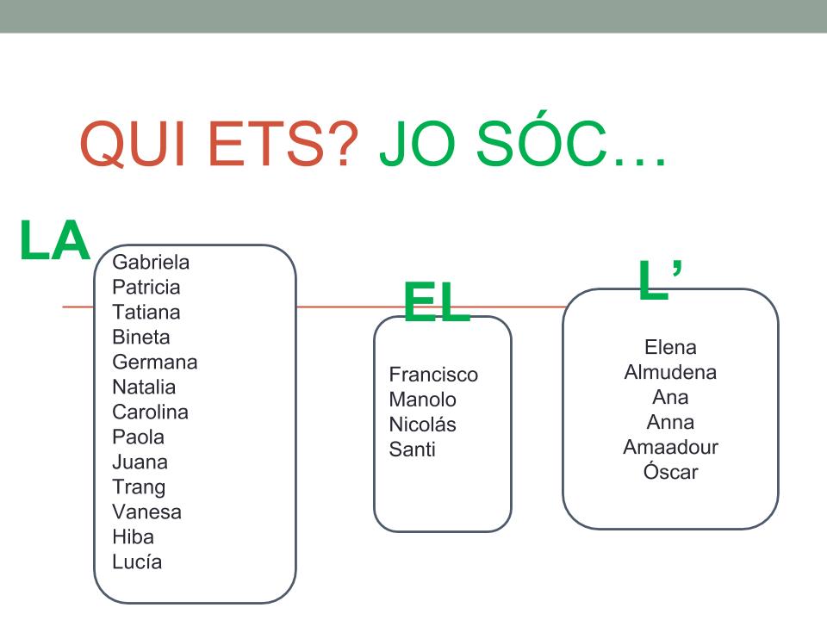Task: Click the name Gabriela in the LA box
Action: pyautogui.click(x=151, y=262)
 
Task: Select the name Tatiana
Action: pyautogui.click(x=146, y=312)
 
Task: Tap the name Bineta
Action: pyautogui.click(x=140, y=337)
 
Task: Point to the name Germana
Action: pyautogui.click(x=154, y=363)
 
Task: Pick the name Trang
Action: pyautogui.click(x=139, y=487)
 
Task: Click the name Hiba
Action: pyautogui.click(x=133, y=536)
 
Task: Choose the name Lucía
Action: pyautogui.click(x=137, y=562)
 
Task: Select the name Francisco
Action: pyautogui.click(x=433, y=375)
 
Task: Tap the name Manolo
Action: pyautogui.click(x=422, y=400)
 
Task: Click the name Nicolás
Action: pyautogui.click(x=422, y=425)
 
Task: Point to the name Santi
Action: pyautogui.click(x=412, y=449)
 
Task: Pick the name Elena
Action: pyautogui.click(x=670, y=347)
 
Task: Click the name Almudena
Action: pyautogui.click(x=670, y=372)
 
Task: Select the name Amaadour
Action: pyautogui.click(x=670, y=447)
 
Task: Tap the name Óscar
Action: pyautogui.click(x=670, y=472)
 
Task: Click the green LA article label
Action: pyautogui.click(x=54, y=240)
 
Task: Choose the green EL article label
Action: pyautogui.click(x=437, y=301)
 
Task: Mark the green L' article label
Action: pyautogui.click(x=660, y=279)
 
